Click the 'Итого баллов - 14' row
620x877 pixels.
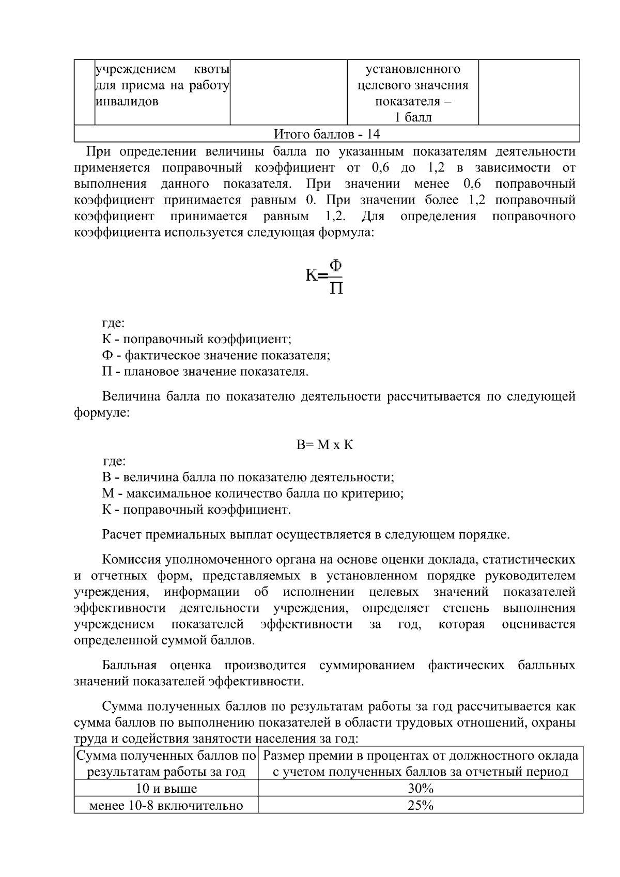click(x=327, y=134)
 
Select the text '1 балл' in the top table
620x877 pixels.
click(x=413, y=118)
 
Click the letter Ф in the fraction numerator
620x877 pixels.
click(x=336, y=266)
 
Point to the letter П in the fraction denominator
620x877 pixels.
click(x=336, y=287)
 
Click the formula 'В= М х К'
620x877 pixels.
click(x=324, y=445)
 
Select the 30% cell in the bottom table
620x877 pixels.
click(x=420, y=789)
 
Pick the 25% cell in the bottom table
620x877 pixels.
click(x=420, y=805)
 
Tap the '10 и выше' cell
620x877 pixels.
click(x=166, y=789)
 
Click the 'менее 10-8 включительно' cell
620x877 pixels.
click(x=166, y=805)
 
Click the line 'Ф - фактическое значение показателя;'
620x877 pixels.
click(x=216, y=356)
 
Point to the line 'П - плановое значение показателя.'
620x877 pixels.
click(x=205, y=372)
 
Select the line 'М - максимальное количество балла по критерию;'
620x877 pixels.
click(x=253, y=494)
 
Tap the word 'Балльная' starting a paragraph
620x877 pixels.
click(x=129, y=665)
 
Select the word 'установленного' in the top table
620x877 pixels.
click(x=413, y=69)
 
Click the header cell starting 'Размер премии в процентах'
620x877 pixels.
click(x=420, y=764)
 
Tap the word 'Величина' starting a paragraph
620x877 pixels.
click(x=131, y=397)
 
